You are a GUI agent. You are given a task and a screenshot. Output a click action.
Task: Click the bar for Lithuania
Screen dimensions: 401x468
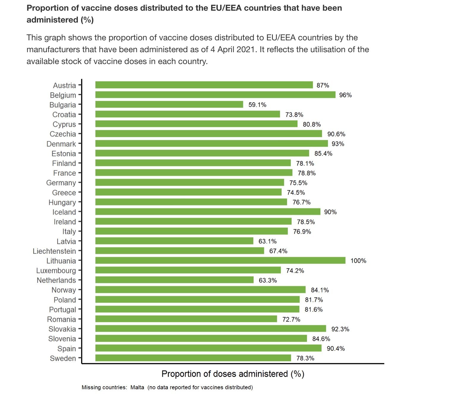(220, 260)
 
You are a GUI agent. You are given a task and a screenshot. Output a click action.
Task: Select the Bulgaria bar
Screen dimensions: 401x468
(169, 104)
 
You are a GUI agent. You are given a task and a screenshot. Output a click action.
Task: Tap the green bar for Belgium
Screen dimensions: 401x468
(215, 95)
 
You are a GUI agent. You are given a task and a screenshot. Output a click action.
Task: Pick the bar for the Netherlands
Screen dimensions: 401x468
(174, 280)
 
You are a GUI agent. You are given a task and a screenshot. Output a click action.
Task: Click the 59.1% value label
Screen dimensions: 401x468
(257, 105)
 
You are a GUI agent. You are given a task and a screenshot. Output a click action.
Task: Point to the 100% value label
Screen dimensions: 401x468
(358, 261)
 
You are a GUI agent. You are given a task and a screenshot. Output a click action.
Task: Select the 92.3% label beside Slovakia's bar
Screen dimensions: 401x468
(340, 329)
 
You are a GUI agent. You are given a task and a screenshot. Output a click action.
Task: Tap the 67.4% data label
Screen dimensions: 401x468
(278, 251)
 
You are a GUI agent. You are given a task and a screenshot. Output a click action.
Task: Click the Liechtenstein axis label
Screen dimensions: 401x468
(54, 251)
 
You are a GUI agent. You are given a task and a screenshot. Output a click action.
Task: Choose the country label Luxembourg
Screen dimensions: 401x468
(56, 270)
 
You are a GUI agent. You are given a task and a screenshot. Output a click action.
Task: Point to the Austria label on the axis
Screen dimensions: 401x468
(64, 85)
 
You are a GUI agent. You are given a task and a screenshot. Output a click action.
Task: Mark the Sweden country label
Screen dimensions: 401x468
(63, 358)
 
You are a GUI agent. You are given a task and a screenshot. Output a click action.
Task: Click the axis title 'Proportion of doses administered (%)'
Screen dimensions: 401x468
(233, 374)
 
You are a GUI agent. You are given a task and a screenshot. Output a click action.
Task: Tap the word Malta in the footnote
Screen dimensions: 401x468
(137, 387)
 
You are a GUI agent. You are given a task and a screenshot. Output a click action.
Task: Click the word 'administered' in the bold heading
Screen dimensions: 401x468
(52, 20)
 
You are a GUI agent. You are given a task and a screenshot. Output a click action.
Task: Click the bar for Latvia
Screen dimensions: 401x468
(174, 241)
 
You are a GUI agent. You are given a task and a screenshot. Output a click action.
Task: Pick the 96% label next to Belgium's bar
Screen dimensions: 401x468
(345, 95)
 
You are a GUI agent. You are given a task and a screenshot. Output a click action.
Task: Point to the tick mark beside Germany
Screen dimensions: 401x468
(80, 183)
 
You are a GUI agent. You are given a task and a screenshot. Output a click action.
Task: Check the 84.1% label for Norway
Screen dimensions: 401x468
(320, 290)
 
